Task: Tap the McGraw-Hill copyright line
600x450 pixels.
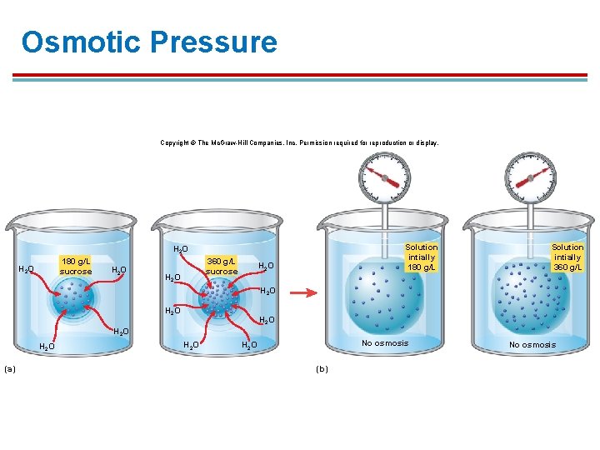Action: coord(299,143)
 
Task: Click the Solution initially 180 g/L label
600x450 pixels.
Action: coord(421,257)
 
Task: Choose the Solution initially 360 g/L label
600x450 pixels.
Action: coord(567,257)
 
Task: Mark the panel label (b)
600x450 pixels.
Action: coord(322,368)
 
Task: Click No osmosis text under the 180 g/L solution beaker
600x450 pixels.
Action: coord(385,343)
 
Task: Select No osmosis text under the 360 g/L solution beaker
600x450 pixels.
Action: coord(532,344)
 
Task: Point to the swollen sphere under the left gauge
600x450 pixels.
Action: coord(384,295)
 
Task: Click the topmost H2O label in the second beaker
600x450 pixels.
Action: coord(180,249)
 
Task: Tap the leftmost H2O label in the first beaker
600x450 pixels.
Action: coord(26,269)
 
